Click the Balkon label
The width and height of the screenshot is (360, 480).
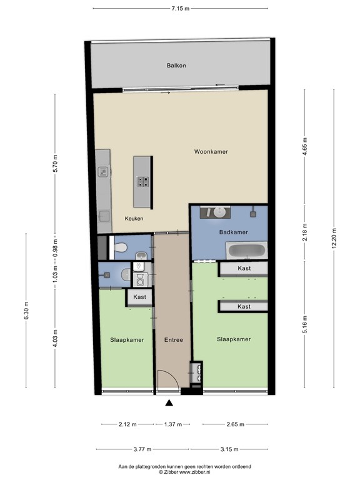coord(176,66)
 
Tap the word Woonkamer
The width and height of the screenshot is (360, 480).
coord(211,152)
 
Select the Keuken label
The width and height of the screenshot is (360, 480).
coord(134,219)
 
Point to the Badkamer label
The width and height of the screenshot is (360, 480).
coord(233,232)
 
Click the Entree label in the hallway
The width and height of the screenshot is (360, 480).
coord(173,340)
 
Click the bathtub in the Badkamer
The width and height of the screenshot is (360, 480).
coord(246,252)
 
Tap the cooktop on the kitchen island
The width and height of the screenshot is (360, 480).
coord(143,182)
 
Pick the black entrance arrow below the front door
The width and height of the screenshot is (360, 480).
coord(169,403)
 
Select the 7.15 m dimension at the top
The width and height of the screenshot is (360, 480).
coord(180,8)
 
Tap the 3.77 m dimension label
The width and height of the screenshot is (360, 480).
coord(142,449)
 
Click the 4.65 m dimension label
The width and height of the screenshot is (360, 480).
coord(304,147)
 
